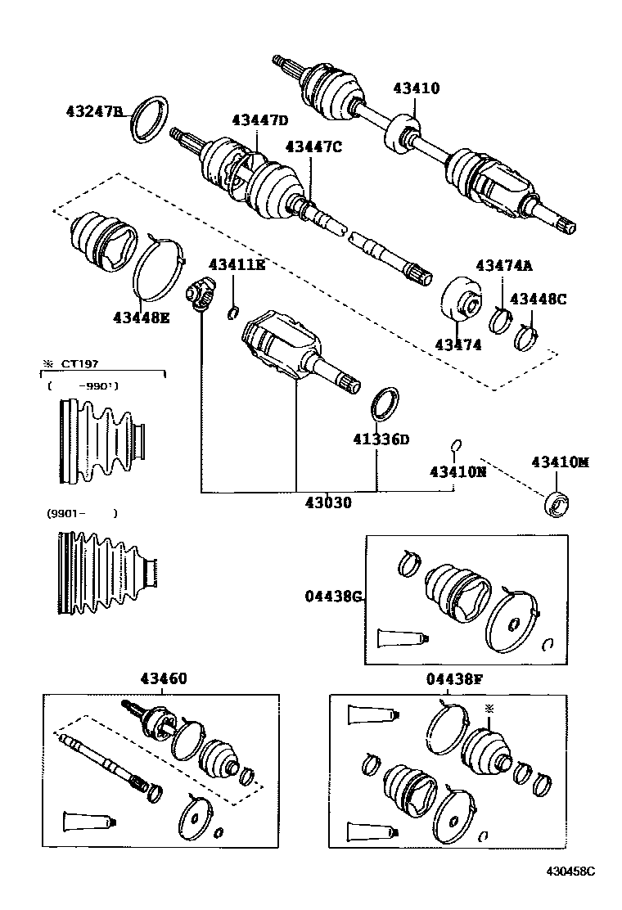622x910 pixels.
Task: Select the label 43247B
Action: pos(94,111)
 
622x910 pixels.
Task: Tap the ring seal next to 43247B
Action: pos(150,119)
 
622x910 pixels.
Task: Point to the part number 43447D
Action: pos(259,120)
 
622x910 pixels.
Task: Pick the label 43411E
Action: pos(237,264)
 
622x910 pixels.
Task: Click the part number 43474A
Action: pos(504,265)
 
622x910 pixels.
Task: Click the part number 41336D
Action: pos(381,439)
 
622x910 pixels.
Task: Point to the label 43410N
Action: pos(457,471)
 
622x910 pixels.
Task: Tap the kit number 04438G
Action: pos(332,597)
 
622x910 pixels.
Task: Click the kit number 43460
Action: pos(163,678)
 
